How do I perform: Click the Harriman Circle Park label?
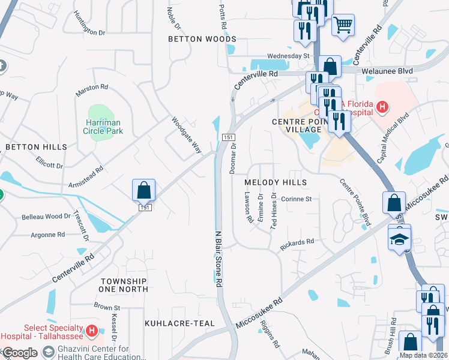pyautogui.click(x=103, y=125)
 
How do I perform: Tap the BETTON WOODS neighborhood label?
pyautogui.click(x=202, y=39)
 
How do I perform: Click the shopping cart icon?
pyautogui.click(x=343, y=25)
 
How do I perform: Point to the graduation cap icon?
pyautogui.click(x=399, y=239)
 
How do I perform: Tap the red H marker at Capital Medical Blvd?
pyautogui.click(x=382, y=107)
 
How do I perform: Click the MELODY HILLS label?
pyautogui.click(x=276, y=182)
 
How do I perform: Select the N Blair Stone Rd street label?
pyautogui.click(x=219, y=258)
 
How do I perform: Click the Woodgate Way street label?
pyautogui.click(x=186, y=135)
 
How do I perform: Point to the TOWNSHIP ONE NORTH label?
pyautogui.click(x=124, y=285)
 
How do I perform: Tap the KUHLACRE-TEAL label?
pyautogui.click(x=179, y=323)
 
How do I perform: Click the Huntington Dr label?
pyautogui.click(x=89, y=26)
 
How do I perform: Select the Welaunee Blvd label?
pyautogui.click(x=387, y=71)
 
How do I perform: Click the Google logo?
pyautogui.click(x=20, y=353)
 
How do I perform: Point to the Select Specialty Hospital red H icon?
pyautogui.click(x=91, y=330)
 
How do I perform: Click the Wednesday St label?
pyautogui.click(x=288, y=56)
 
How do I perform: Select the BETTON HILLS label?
pyautogui.click(x=36, y=146)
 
